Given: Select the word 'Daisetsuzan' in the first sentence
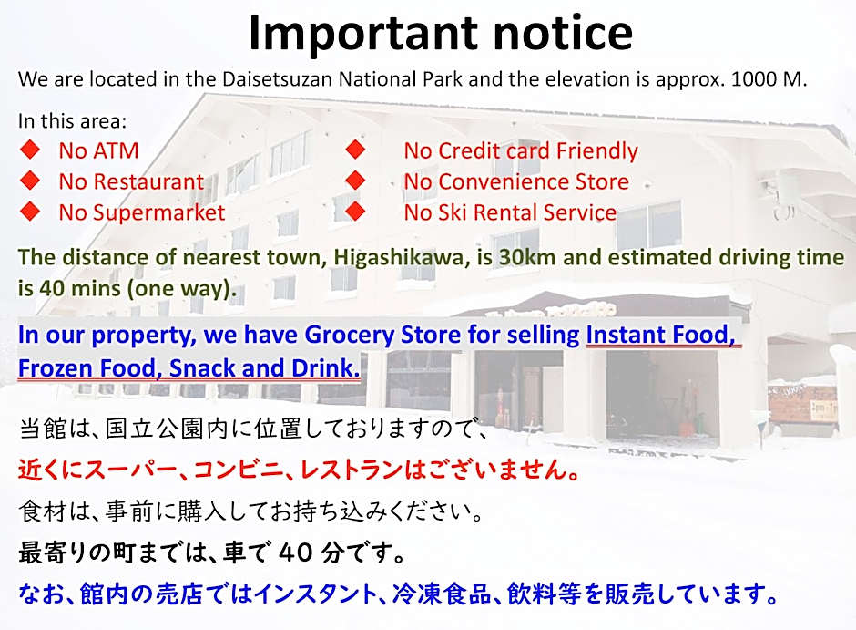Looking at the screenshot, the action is click(278, 79).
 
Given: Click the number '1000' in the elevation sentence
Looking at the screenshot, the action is click(754, 79).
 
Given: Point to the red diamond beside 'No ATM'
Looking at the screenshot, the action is click(30, 150).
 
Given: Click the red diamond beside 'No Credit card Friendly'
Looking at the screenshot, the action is click(355, 150).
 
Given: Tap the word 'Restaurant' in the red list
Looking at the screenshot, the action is click(148, 181).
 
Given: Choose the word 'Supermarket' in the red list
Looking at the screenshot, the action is click(158, 213).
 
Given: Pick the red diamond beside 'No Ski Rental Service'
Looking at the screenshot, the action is click(355, 212).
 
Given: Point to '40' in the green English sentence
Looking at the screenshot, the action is click(52, 288).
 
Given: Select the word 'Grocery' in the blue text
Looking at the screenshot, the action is click(350, 335).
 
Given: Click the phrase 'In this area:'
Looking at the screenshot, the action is click(72, 120).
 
